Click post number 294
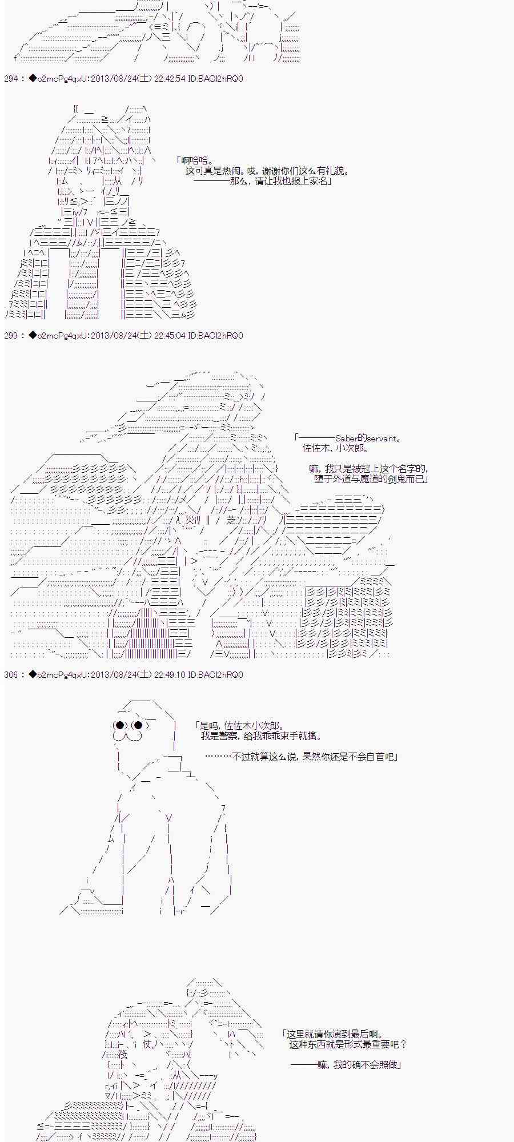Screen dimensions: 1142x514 pos(11,79)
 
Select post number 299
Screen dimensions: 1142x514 pos(11,336)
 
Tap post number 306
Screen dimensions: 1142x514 pos(11,675)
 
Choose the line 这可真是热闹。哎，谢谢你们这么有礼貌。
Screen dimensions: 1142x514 pos(267,171)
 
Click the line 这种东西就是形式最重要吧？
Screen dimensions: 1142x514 pos(348,1045)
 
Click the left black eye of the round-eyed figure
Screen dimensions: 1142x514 pos(120,726)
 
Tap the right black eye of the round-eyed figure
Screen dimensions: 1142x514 pos(138,726)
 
